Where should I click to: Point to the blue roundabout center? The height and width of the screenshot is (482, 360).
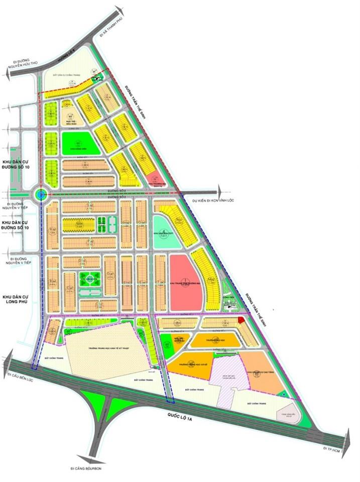39,193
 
